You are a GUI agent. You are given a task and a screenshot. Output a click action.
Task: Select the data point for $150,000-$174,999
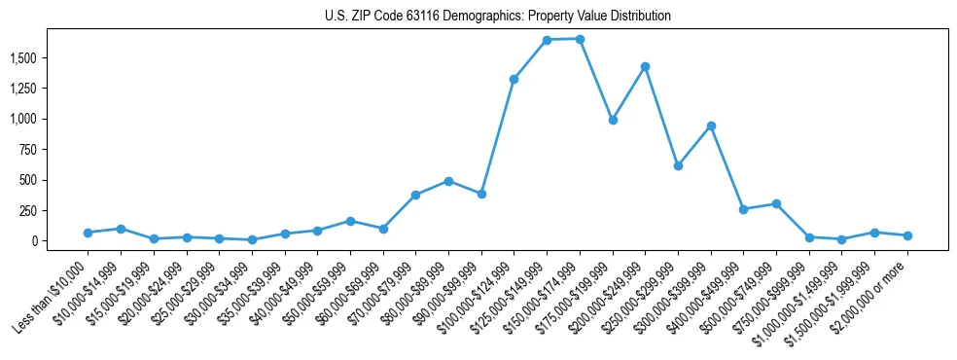580,39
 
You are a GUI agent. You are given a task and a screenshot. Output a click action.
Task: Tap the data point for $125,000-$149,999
547,40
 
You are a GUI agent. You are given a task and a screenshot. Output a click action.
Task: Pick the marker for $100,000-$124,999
514,79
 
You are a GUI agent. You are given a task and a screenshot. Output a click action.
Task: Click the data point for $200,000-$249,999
645,66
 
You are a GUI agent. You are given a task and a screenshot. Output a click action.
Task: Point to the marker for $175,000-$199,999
612,120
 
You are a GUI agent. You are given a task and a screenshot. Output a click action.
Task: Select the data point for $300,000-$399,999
711,126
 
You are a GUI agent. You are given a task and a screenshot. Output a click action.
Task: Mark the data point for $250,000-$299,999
678,165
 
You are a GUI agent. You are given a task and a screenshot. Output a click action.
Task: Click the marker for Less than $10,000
88,233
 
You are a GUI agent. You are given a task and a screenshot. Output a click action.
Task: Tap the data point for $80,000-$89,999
448,181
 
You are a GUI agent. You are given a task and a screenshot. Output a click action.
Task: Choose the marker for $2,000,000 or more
907,235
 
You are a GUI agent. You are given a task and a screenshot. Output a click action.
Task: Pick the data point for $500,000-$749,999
776,203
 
